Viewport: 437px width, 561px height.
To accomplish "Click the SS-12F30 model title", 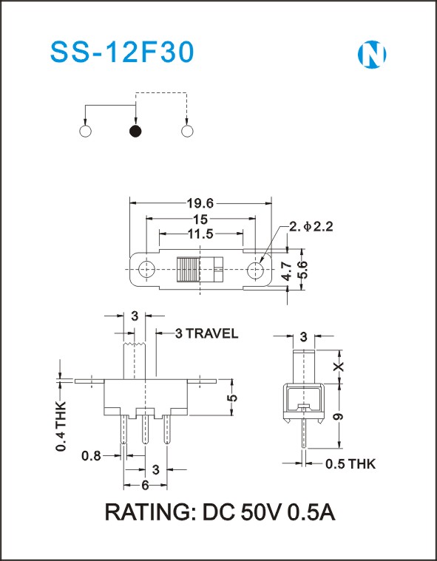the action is click(x=122, y=52).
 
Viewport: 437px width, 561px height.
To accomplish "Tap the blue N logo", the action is click(x=372, y=55).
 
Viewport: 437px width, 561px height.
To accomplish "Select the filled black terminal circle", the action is click(x=135, y=132).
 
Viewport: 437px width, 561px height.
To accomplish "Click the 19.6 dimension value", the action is click(x=200, y=203).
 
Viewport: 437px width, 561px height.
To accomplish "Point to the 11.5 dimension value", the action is click(x=200, y=234).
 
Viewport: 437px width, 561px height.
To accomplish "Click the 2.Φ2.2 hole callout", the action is click(x=311, y=226).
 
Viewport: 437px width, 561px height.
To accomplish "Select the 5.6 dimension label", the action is click(x=302, y=270).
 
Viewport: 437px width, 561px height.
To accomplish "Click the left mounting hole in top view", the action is click(x=146, y=269).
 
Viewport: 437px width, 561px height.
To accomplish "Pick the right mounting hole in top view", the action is click(x=255, y=269).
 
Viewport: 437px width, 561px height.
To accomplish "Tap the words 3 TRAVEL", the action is click(x=206, y=333).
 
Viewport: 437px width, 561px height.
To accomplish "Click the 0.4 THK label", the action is click(x=61, y=426).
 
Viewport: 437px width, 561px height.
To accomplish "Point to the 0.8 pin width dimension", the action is click(x=91, y=456).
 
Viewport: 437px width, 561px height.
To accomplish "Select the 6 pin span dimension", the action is click(x=146, y=486).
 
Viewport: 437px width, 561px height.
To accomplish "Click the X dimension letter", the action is click(x=339, y=367).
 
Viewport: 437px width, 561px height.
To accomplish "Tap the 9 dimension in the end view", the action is click(x=339, y=416).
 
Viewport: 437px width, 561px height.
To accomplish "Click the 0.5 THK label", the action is click(x=350, y=464).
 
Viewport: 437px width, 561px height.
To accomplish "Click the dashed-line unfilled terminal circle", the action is click(x=187, y=132).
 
